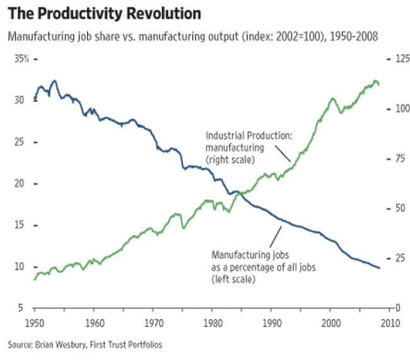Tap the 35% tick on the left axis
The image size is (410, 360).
coord(23,59)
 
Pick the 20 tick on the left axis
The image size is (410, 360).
coord(21,184)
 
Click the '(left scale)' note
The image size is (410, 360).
coord(233,279)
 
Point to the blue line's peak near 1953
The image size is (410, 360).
coord(54,81)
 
